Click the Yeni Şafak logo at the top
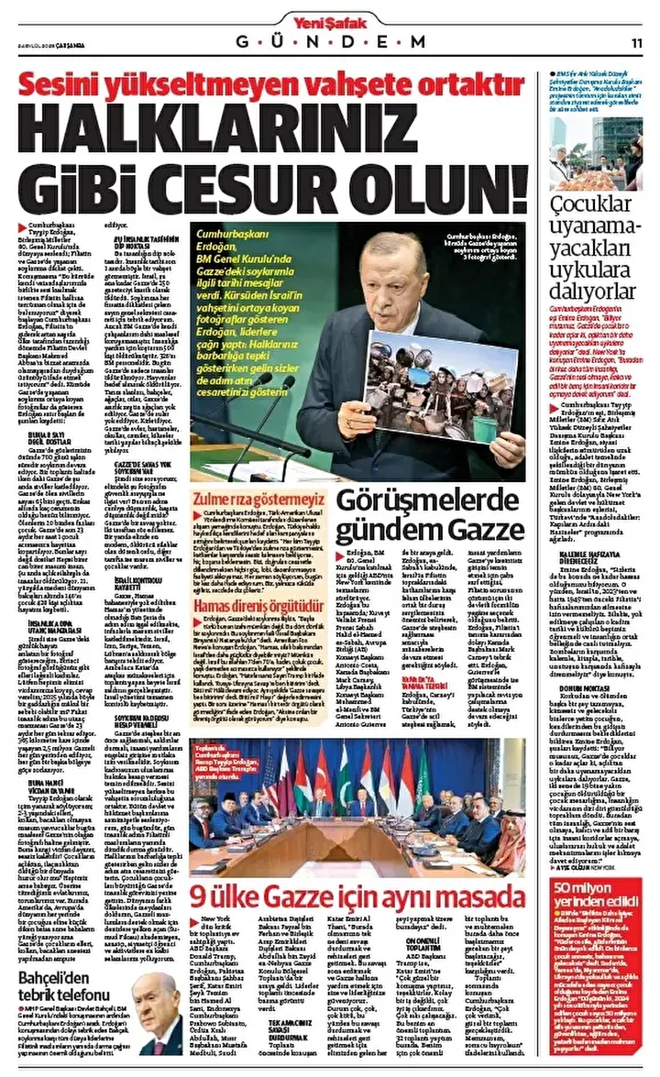pos(331,18)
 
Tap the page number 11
pos(637,42)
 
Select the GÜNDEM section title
pos(331,42)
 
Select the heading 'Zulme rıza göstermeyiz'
pos(253,496)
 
